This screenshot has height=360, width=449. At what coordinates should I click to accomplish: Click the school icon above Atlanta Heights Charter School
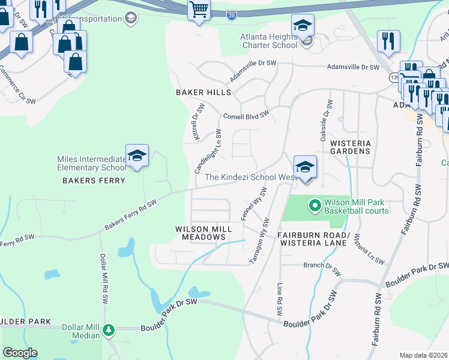click(303, 26)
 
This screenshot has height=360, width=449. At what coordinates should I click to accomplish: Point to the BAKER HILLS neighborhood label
click(203, 92)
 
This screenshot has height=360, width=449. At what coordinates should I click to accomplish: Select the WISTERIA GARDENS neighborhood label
click(351, 148)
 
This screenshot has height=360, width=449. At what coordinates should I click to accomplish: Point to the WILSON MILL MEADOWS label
click(200, 233)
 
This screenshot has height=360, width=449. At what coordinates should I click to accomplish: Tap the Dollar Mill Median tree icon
click(108, 330)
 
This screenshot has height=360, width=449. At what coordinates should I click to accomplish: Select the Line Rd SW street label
click(279, 300)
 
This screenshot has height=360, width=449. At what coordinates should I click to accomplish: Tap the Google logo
click(20, 353)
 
